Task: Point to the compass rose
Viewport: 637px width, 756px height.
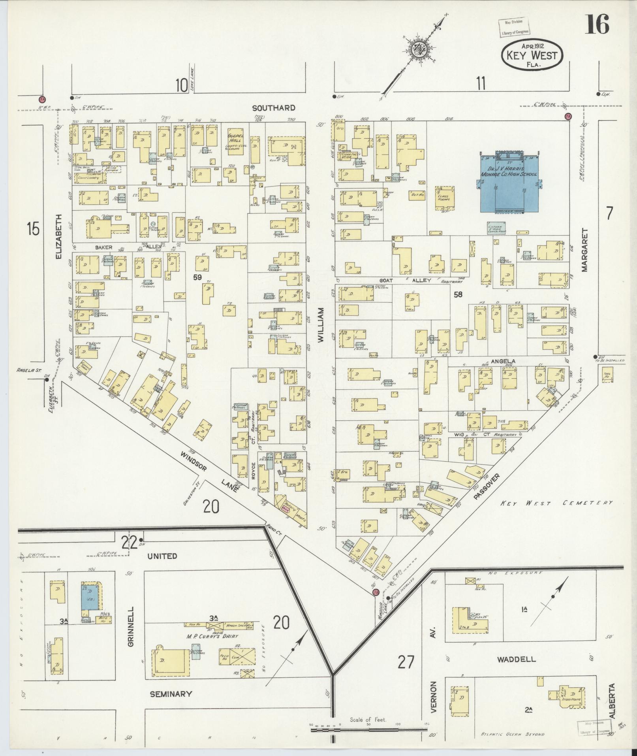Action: pos(417,50)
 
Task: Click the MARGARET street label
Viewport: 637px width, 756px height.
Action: pos(584,250)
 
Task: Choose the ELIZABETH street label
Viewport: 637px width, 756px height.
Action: pos(59,237)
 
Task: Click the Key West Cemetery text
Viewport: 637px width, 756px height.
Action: pos(556,503)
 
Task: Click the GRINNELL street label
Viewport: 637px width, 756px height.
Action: pos(132,632)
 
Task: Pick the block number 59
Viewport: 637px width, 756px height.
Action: pos(197,277)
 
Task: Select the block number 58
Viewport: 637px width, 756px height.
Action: pos(458,294)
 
